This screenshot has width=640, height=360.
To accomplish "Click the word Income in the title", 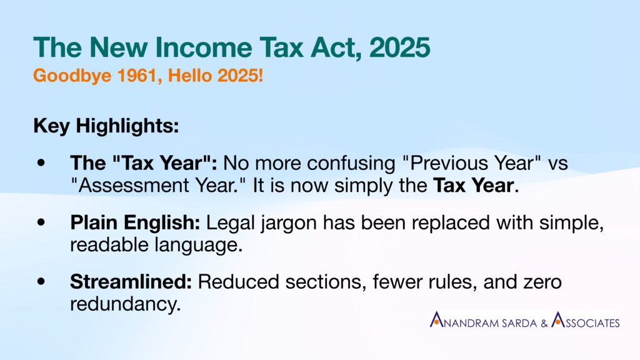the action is click(x=204, y=47).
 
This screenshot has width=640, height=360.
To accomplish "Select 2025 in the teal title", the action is click(x=399, y=47).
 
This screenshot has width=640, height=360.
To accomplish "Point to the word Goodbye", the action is click(x=72, y=76).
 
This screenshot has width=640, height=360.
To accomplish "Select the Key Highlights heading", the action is click(x=106, y=126).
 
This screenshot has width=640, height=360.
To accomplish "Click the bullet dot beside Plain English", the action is click(x=41, y=222).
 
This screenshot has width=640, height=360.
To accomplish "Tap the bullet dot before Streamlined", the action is click(x=41, y=282).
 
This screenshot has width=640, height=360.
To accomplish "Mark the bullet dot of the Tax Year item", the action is click(x=41, y=163).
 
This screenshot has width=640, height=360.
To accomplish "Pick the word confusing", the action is click(x=351, y=164).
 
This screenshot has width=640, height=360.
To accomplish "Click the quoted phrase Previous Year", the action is click(x=471, y=163).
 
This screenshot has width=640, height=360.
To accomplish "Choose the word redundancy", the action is click(x=125, y=304).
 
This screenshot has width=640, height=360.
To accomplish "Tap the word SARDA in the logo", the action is click(x=519, y=323).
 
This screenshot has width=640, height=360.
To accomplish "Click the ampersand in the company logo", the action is click(x=544, y=323).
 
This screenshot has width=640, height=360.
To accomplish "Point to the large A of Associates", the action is click(x=558, y=319).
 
